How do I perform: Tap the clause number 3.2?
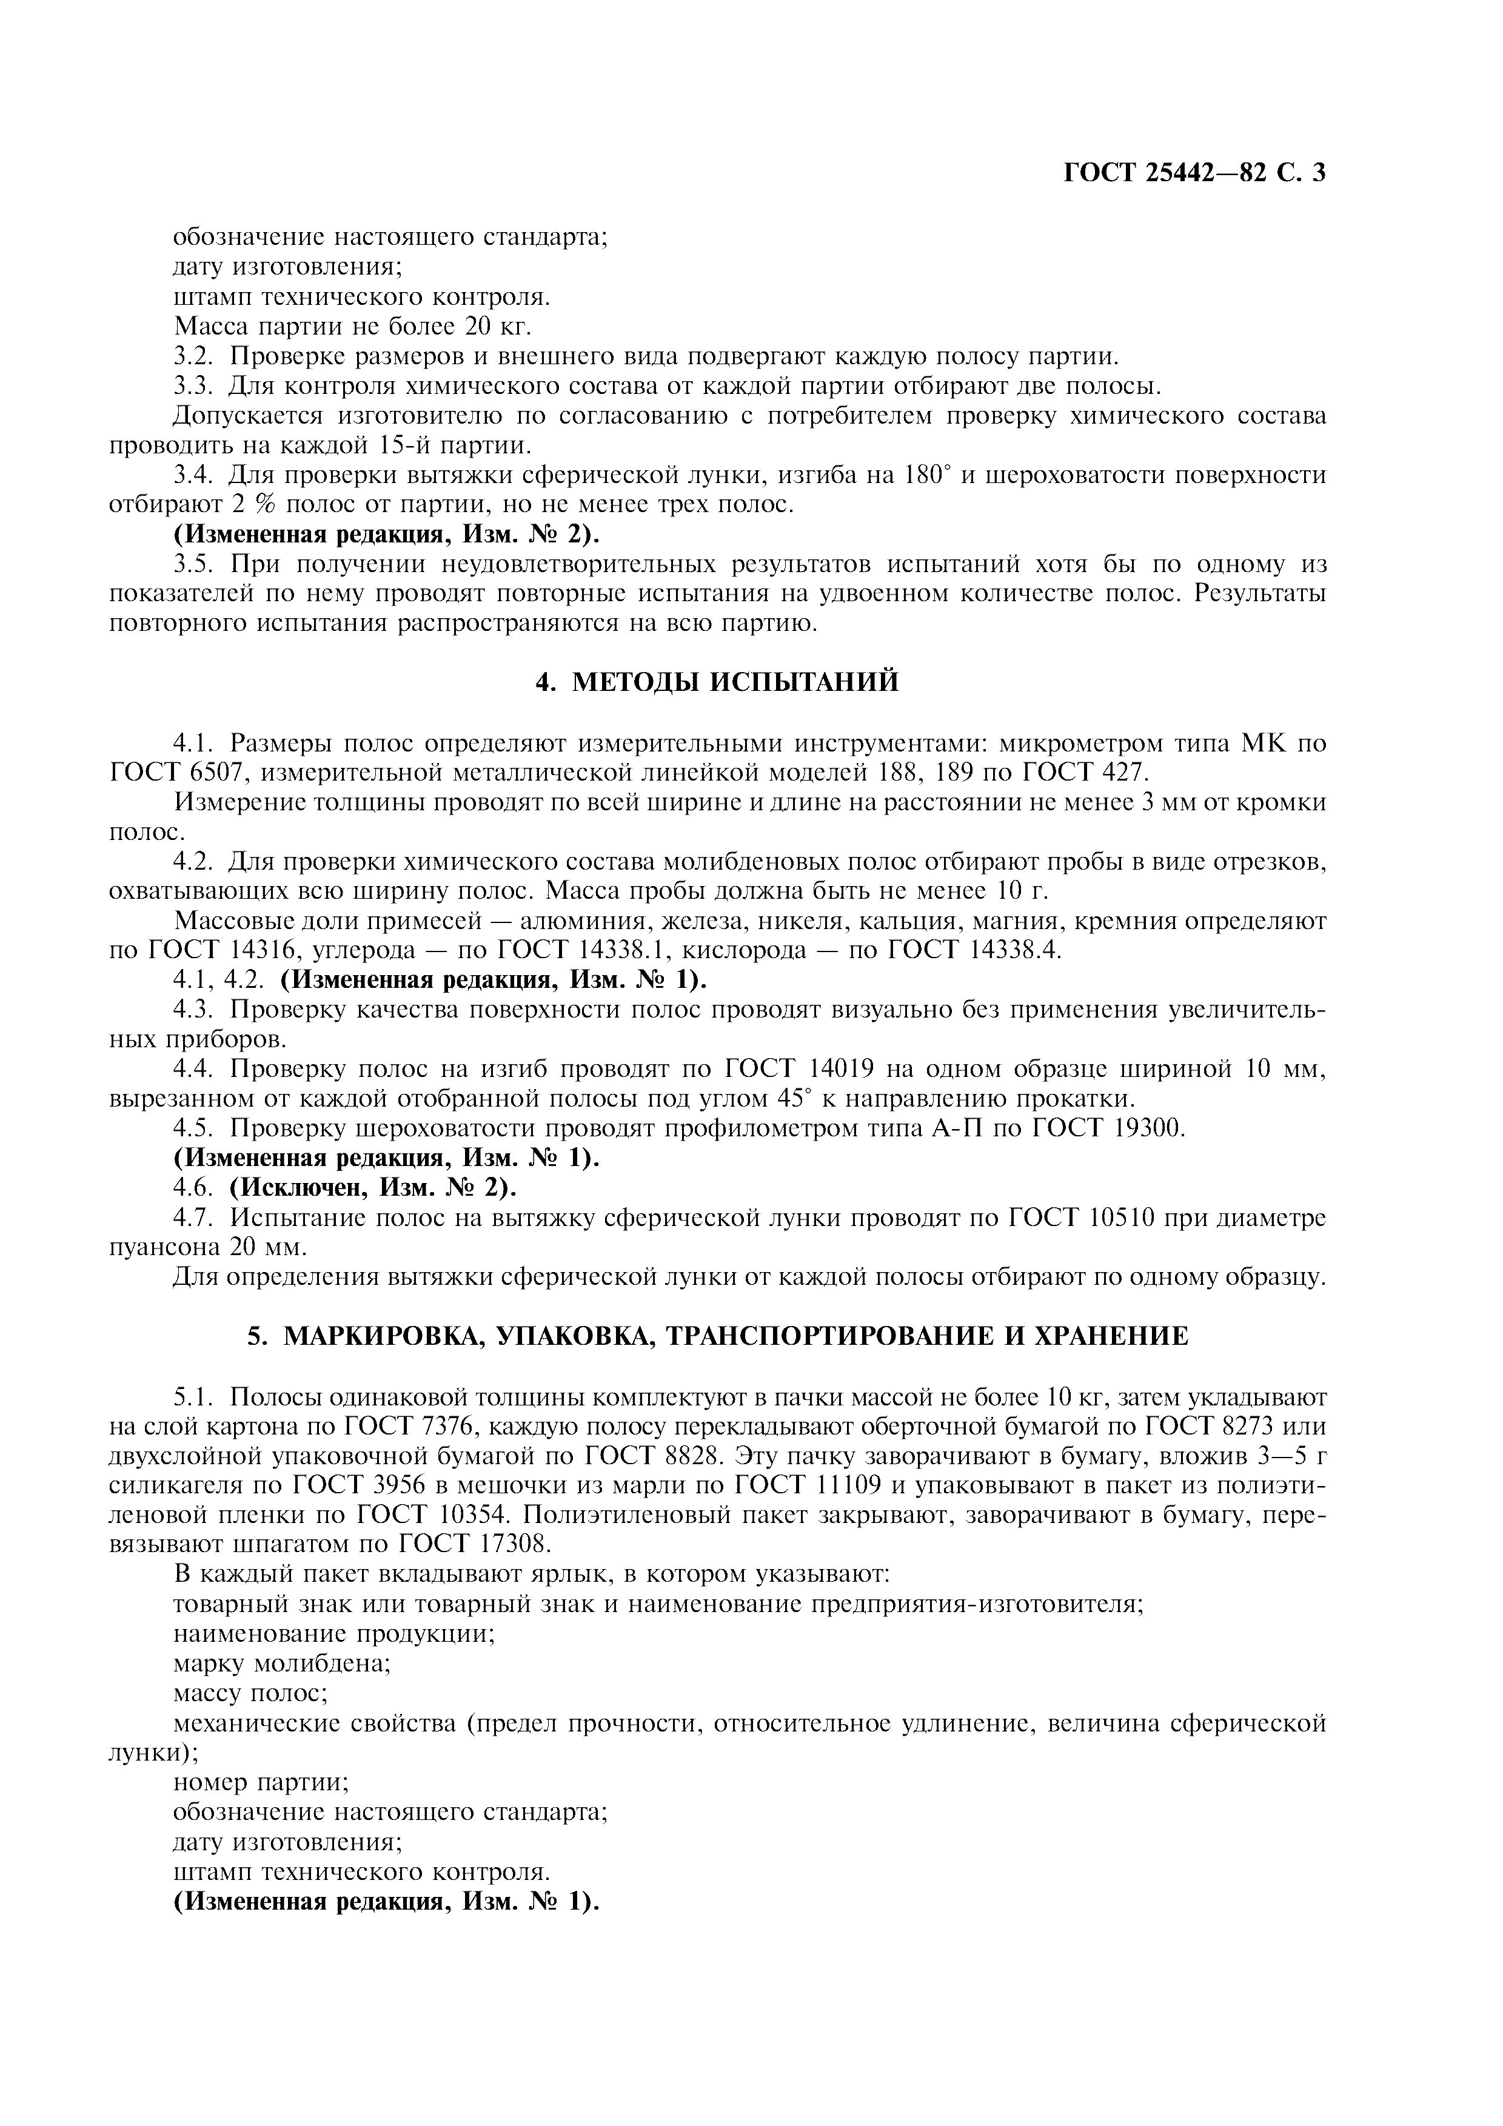[195, 356]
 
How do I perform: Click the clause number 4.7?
[195, 1217]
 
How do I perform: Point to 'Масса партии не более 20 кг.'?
[352, 326]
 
